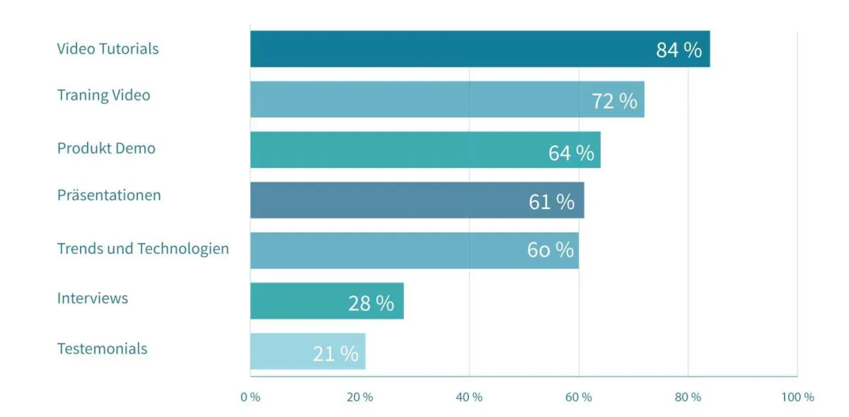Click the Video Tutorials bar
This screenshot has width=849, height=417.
pyautogui.click(x=453, y=49)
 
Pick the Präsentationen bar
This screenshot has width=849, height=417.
pyautogui.click(x=389, y=200)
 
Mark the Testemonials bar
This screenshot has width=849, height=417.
pyautogui.click(x=283, y=351)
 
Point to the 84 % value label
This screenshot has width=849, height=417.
pyautogui.click(x=678, y=50)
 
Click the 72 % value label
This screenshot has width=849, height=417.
pyautogui.click(x=614, y=101)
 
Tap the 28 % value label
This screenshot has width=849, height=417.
pyautogui.click(x=371, y=303)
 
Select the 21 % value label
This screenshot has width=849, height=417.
pyautogui.click(x=335, y=353)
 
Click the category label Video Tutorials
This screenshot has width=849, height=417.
pyautogui.click(x=108, y=49)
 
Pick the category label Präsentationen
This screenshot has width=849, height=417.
pyautogui.click(x=109, y=195)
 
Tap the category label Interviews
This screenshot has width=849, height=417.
pyautogui.click(x=93, y=298)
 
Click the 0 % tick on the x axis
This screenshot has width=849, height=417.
pyautogui.click(x=250, y=397)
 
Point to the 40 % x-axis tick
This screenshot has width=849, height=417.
pyautogui.click(x=469, y=397)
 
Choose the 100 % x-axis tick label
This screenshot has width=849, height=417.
pyautogui.click(x=797, y=397)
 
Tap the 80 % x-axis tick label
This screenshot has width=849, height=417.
pyautogui.click(x=688, y=397)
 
